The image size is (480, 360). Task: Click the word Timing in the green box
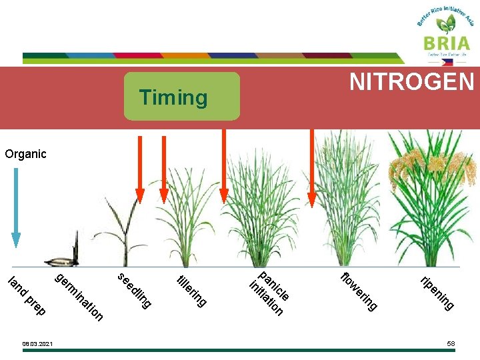click(173, 97)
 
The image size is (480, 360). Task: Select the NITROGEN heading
click(412, 82)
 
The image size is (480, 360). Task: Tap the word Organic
click(25, 154)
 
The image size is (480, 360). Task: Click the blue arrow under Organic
click(16, 207)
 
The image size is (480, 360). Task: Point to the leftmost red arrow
click(140, 167)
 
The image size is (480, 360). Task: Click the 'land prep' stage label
click(27, 295)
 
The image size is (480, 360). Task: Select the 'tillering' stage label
click(191, 291)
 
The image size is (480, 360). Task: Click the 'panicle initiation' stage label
click(269, 292)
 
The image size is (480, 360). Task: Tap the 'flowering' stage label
click(359, 291)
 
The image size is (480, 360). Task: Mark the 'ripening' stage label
click(437, 292)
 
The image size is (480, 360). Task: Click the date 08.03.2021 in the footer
click(37, 344)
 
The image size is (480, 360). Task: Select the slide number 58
click(451, 343)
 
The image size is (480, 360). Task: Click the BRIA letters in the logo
click(445, 43)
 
